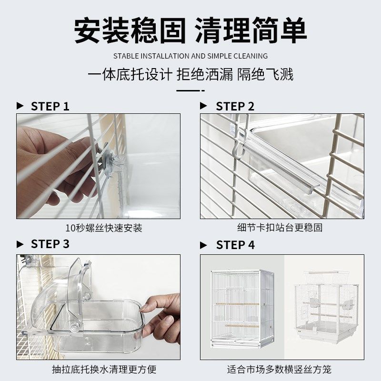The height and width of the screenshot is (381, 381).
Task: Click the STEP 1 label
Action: click(50, 106)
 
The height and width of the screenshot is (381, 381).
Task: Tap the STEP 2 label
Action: click(235, 106)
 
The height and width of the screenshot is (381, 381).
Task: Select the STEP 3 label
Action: click(50, 244)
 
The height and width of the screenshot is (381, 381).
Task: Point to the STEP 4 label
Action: click(235, 245)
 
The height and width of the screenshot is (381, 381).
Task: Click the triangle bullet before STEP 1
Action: click(20, 106)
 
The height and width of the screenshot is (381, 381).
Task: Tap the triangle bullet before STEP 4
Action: click(204, 245)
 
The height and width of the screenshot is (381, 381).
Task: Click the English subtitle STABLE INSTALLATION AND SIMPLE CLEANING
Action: click(190, 56)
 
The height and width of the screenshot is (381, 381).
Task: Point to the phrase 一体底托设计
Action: click(130, 75)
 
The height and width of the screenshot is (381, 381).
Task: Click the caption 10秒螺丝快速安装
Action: click(104, 228)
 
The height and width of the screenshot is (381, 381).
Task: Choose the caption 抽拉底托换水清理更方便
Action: click(104, 369)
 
